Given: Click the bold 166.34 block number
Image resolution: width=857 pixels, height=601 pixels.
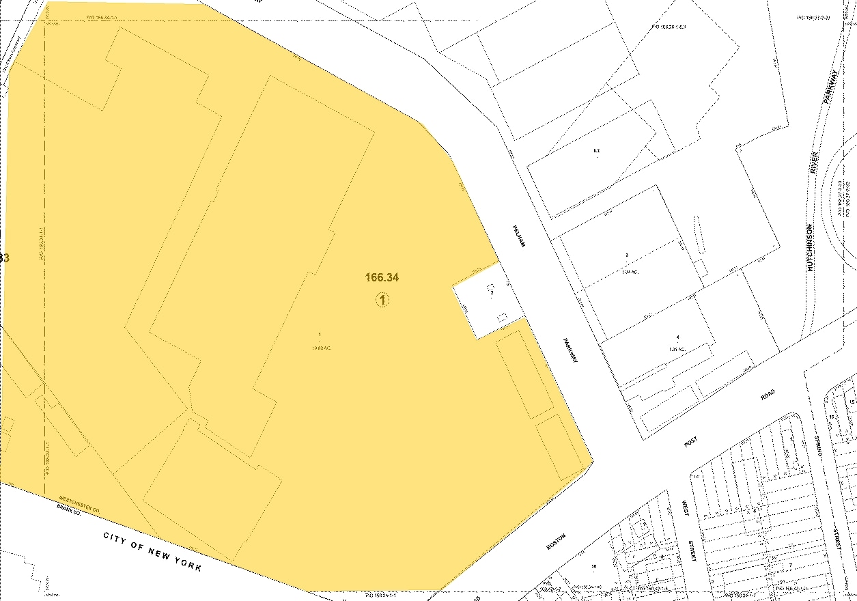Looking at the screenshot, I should pos(382,277).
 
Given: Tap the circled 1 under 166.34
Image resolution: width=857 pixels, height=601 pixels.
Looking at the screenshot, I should pos(382,299).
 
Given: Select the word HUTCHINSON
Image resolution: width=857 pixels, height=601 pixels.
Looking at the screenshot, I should pos(810,247).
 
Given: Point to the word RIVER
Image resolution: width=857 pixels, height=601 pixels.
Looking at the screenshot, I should pos(814,162).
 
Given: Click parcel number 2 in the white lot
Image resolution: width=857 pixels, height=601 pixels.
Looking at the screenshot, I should pos(492,292).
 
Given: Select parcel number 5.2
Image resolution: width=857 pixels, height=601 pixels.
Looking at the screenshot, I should pos(596,150).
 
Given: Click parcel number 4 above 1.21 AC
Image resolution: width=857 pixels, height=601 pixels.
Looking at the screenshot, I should pos(677,337).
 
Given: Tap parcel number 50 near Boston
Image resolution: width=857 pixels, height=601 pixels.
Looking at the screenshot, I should pos(594,566).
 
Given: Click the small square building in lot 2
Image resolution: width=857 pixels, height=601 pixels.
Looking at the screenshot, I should pos(503,316).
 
